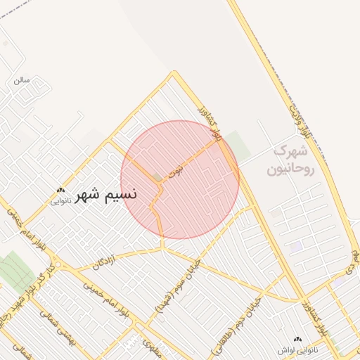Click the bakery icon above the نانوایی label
coord(61,191)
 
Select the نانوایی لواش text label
coord(298,349)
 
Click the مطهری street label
coord(145,344)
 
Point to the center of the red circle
coord(180,179)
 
